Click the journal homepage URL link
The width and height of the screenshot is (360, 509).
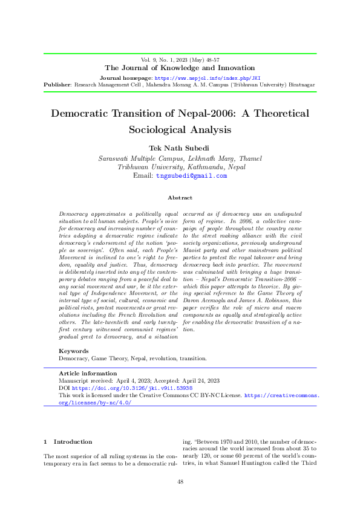208,79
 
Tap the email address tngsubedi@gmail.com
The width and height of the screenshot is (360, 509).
191,176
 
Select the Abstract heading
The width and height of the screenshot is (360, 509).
180,198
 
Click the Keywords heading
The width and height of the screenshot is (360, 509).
74,351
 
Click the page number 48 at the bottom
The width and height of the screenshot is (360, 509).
180,481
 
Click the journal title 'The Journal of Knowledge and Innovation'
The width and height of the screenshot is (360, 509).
180,68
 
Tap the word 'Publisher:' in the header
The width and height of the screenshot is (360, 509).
58,85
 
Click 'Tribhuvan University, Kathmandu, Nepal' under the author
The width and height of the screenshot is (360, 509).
180,167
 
